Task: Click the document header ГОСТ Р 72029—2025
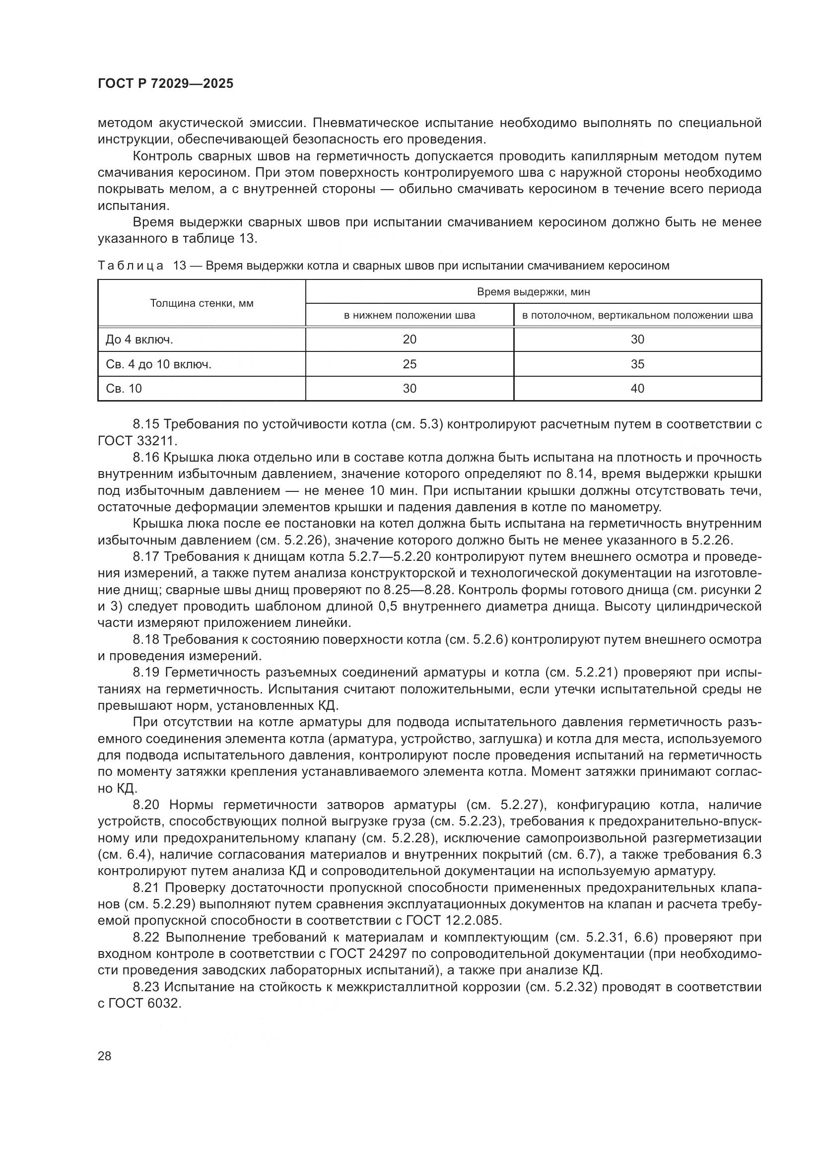tap(165, 84)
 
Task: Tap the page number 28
tap(104, 1056)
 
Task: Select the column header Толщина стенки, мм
tap(202, 303)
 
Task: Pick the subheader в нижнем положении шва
tap(410, 316)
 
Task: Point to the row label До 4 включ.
tap(139, 340)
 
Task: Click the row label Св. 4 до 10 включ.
tap(158, 364)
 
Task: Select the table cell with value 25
tap(410, 364)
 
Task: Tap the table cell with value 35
tap(637, 364)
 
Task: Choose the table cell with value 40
tap(637, 388)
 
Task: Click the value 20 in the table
tap(410, 340)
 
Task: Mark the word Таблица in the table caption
tap(131, 266)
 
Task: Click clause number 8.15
tap(145, 424)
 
